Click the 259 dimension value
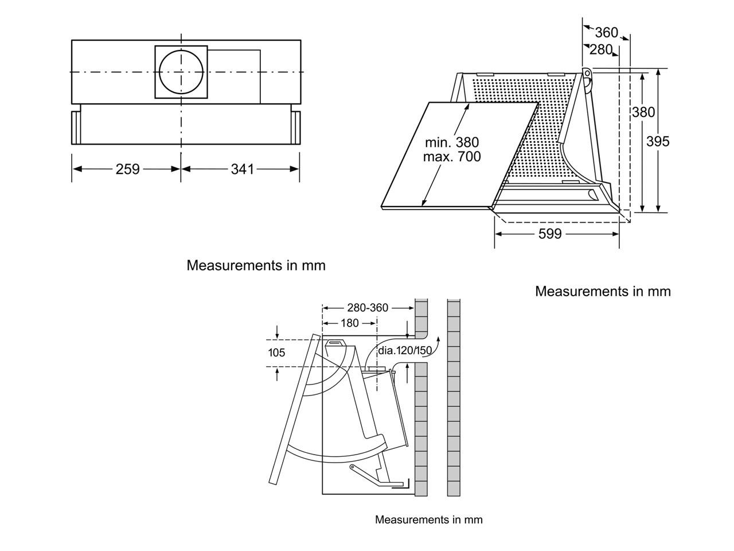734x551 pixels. (127, 169)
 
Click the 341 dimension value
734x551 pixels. (242, 169)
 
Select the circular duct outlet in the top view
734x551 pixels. (181, 72)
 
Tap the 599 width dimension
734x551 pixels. (550, 234)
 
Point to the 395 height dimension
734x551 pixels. (658, 141)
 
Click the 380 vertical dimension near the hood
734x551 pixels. (643, 112)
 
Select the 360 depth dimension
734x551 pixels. (607, 33)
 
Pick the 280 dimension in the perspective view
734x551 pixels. (601, 50)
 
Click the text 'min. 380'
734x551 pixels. (452, 142)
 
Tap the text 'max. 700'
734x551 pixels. (452, 156)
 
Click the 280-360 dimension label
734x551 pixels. (368, 308)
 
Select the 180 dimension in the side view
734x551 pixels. (350, 323)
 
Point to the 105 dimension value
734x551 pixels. (276, 352)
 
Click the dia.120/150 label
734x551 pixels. (405, 350)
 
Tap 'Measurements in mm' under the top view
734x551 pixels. (256, 266)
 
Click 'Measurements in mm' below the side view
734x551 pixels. (428, 520)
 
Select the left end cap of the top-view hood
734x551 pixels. (76, 127)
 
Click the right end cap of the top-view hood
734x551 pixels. (295, 127)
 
